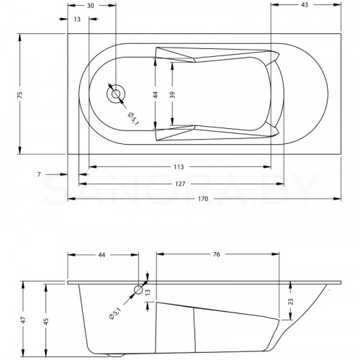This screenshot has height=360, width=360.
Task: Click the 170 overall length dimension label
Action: (x=203, y=199)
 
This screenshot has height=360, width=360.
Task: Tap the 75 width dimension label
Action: (x=20, y=94)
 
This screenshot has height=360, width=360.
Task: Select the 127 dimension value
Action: (x=180, y=184)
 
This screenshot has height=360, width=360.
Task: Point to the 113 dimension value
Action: (x=179, y=166)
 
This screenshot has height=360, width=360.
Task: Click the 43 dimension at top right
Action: (x=305, y=4)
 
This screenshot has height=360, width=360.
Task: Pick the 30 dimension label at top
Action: (x=90, y=6)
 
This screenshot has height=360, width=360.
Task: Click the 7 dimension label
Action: (x=39, y=174)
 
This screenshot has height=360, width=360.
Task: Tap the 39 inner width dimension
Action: (x=172, y=95)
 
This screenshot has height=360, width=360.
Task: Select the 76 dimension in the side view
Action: (x=217, y=254)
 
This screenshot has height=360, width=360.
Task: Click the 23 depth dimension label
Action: (x=290, y=302)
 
